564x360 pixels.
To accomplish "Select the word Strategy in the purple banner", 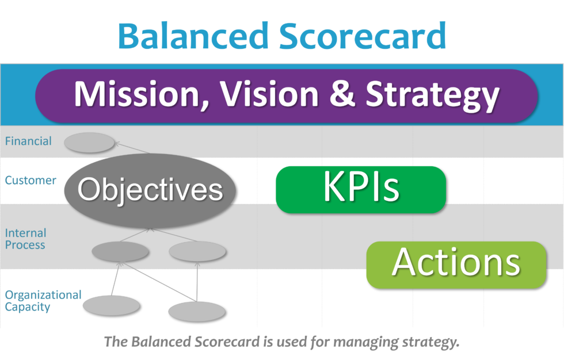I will point(433,95).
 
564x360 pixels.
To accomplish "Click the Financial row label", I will point(28,141).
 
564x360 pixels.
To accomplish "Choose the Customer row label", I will point(31,180).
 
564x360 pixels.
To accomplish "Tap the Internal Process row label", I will point(25,239).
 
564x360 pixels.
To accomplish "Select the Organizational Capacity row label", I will point(43,301).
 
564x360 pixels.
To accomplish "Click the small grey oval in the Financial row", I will point(89,143).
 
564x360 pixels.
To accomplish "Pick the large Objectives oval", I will point(150,190).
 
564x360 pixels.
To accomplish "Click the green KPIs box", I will point(361,189).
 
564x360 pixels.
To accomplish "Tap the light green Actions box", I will point(456,264).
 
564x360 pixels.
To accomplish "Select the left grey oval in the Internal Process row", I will point(120,251).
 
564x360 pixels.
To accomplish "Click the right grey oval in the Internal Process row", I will point(197,251).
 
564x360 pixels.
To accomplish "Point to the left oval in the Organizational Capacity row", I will point(111,305).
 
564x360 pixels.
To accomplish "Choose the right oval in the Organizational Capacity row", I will point(197,311).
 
